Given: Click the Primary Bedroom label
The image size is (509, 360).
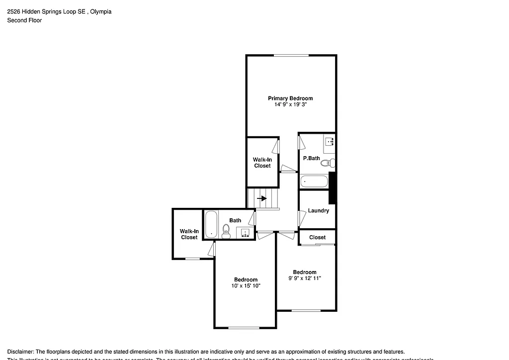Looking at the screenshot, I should [x=290, y=98].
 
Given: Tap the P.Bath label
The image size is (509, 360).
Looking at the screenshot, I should [x=311, y=158].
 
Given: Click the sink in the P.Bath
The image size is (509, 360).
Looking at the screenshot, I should [x=329, y=142].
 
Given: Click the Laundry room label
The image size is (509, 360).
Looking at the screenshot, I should [x=318, y=210].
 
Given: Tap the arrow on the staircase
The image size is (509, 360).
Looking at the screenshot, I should [x=262, y=198].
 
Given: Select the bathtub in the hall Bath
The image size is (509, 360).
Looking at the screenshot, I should [x=211, y=224].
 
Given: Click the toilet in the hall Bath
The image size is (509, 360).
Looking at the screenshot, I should [x=226, y=230].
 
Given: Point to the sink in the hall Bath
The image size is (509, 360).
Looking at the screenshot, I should [x=244, y=233].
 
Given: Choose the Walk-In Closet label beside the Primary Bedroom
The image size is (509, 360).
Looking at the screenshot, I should [x=262, y=163].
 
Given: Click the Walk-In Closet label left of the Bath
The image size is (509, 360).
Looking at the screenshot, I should [x=189, y=234].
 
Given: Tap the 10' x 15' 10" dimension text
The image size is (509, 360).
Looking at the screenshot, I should [x=246, y=286].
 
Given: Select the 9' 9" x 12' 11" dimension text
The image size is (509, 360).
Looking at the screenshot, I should [x=304, y=278].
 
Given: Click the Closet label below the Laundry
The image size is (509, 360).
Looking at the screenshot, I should [x=317, y=237].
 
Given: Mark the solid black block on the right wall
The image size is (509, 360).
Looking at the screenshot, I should [x=333, y=187].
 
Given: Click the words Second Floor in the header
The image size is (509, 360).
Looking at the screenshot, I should [x=24, y=20].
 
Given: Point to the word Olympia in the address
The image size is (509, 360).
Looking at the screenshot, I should [x=101, y=11].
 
